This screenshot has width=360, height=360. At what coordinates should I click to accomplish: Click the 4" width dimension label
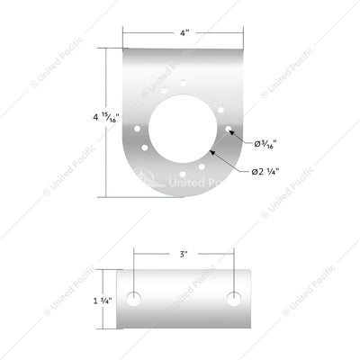[183, 33]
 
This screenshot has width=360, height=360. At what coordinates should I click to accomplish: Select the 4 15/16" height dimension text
[97, 117]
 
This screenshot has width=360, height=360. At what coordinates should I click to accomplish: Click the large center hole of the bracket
[184, 125]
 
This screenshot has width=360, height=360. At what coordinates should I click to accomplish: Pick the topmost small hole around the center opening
[184, 83]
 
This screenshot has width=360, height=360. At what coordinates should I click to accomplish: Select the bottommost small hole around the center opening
[184, 169]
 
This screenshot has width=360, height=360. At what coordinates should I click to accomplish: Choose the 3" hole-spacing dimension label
[184, 255]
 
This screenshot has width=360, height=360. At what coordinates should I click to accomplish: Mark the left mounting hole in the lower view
[134, 299]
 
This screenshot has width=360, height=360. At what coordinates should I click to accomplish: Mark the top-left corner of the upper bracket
[123, 50]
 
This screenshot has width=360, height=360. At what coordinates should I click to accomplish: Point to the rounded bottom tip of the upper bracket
[184, 196]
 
